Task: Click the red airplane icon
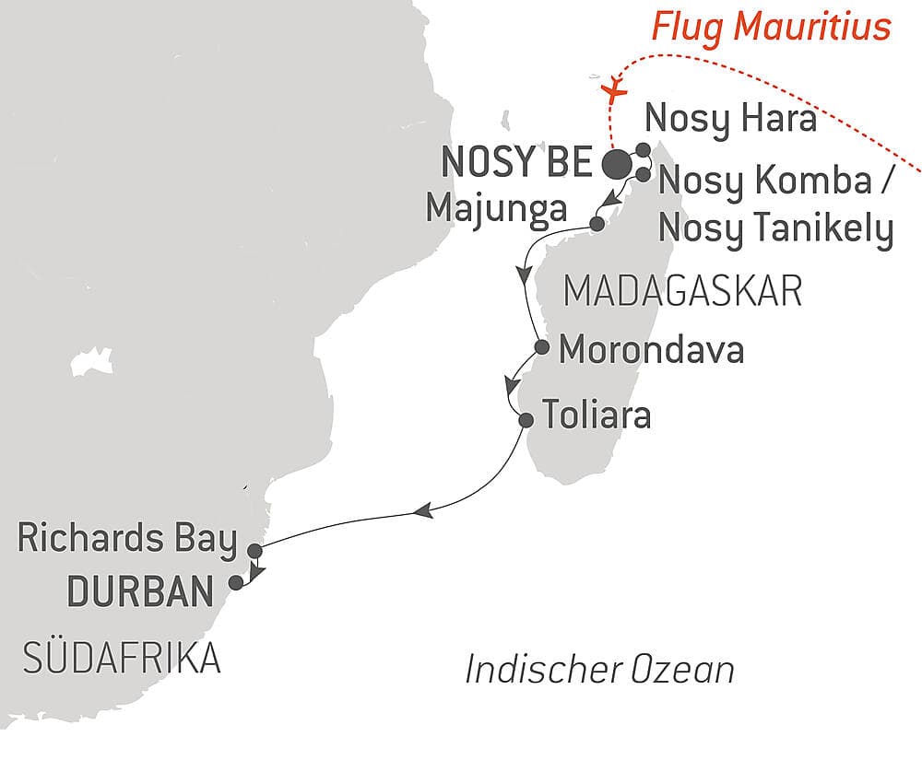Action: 612,88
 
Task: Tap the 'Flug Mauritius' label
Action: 773,27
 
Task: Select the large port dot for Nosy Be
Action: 617,165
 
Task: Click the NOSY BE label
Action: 516,164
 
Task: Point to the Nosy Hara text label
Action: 730,120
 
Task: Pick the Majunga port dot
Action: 597,223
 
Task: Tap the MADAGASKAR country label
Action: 682,293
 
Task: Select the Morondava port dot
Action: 543,348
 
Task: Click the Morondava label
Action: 651,350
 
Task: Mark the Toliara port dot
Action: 526,420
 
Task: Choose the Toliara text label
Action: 596,415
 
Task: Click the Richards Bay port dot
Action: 254,551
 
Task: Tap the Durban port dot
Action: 236,582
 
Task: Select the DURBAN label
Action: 140,591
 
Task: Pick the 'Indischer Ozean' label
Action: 599,670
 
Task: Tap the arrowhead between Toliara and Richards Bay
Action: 424,510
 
